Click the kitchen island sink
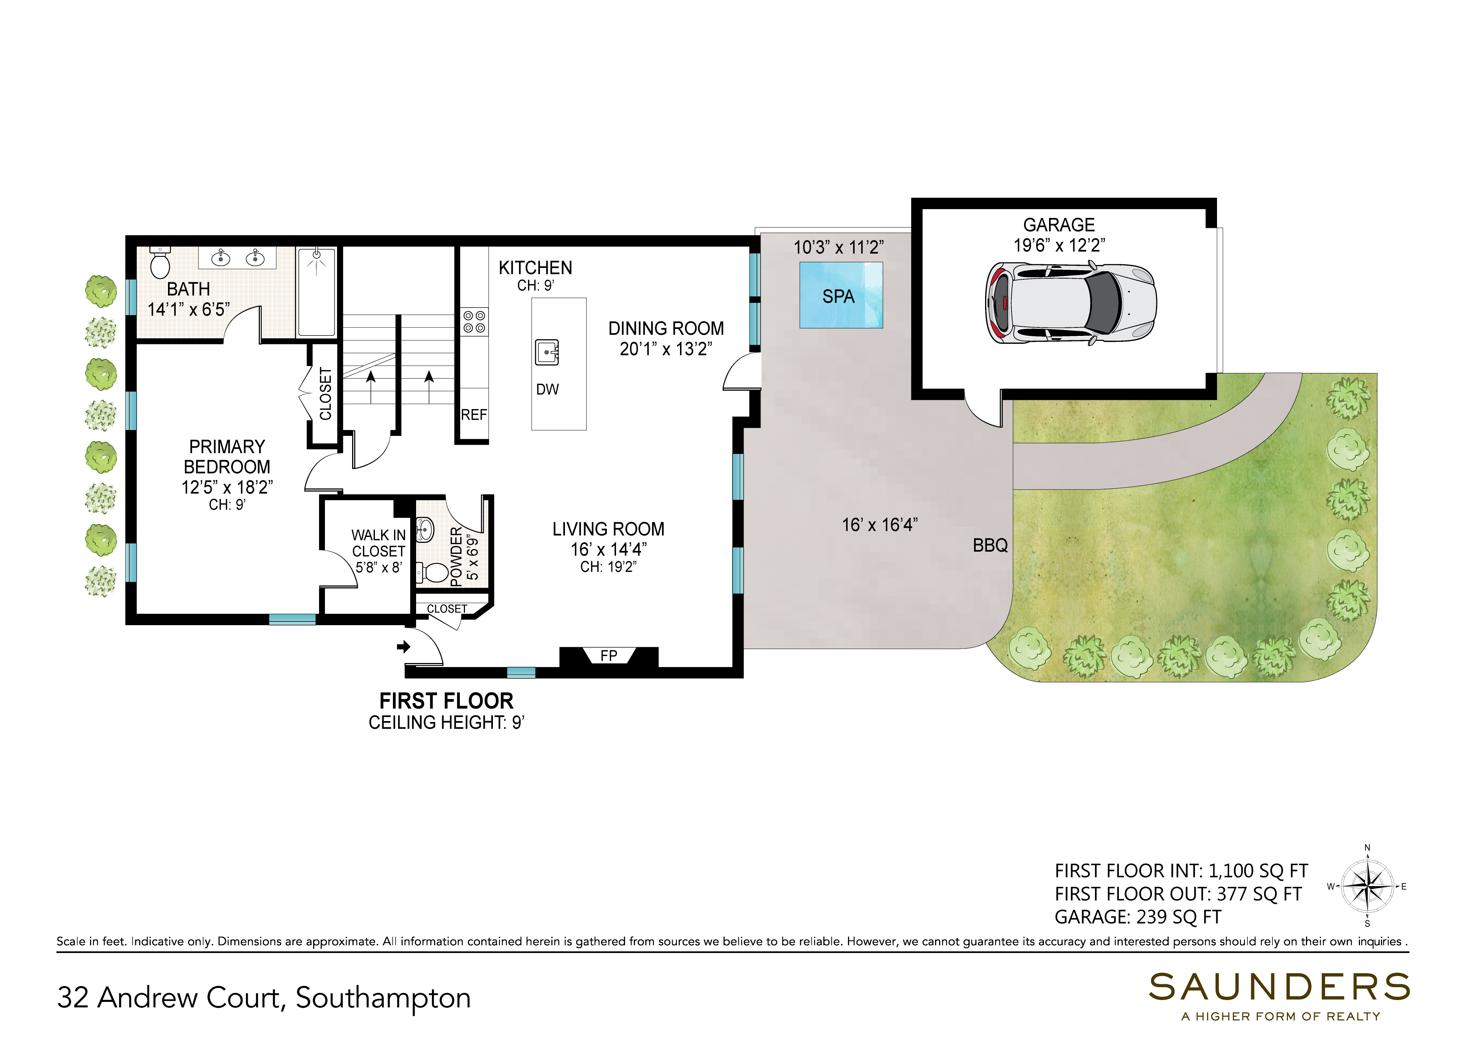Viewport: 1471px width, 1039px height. (x=547, y=352)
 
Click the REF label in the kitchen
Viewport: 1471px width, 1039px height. (x=474, y=415)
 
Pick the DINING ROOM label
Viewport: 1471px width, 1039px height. (x=666, y=329)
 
